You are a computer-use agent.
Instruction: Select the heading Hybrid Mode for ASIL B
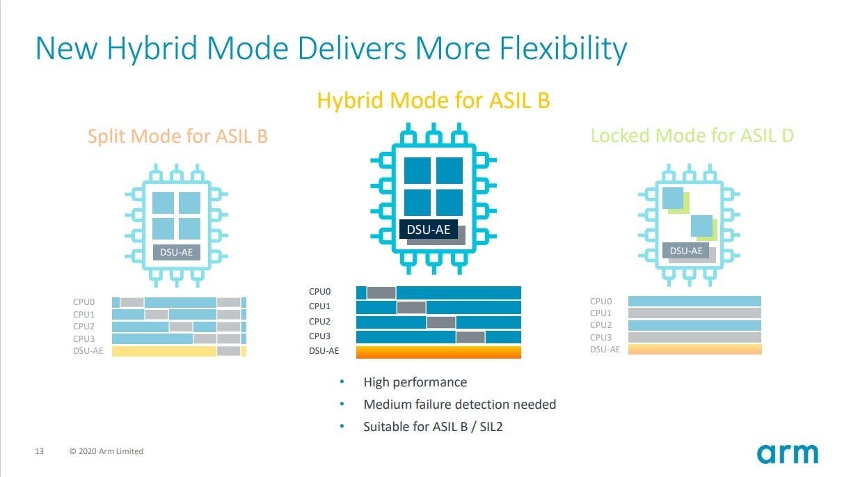tap(434, 101)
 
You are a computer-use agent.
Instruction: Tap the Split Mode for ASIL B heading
tap(178, 136)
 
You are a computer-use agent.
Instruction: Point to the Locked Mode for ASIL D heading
tap(692, 136)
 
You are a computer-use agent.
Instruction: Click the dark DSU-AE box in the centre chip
tap(428, 229)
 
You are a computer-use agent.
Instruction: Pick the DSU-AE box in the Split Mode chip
tap(176, 252)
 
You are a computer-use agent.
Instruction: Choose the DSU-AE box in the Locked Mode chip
tap(685, 251)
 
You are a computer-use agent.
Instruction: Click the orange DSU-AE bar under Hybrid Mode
tap(438, 352)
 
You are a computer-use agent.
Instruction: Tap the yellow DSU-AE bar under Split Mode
tap(164, 351)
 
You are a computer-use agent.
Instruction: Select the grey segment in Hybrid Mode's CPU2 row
tap(440, 322)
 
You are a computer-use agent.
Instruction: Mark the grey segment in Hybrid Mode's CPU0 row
tap(381, 292)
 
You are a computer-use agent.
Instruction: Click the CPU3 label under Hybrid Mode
tap(319, 336)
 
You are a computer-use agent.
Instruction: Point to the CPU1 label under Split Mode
tap(83, 315)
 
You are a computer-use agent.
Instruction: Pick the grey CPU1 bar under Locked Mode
tap(694, 313)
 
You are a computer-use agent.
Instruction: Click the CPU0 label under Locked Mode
tap(601, 302)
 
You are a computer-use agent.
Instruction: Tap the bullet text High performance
tap(415, 382)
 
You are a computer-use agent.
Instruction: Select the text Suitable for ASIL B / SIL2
tap(433, 427)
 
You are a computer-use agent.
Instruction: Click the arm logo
tap(788, 453)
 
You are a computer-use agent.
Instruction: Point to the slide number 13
tap(40, 451)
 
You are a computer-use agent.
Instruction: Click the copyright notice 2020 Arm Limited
tap(106, 451)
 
